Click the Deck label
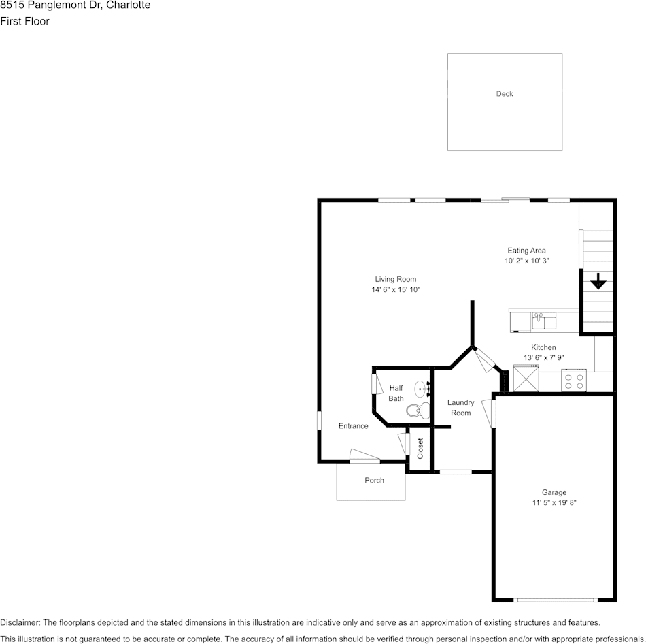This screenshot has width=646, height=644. (x=504, y=94)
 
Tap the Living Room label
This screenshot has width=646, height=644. (x=395, y=279)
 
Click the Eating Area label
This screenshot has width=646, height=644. (x=526, y=251)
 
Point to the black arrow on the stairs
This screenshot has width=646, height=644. (x=598, y=281)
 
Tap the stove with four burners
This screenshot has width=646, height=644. (x=575, y=381)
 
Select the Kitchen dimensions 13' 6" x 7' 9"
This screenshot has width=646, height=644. (x=543, y=357)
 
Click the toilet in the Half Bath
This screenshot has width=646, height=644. (x=416, y=410)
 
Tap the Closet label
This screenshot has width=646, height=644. (x=420, y=449)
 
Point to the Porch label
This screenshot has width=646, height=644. (x=374, y=480)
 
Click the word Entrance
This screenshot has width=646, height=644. (x=353, y=426)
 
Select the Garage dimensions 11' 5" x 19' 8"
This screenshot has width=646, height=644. (x=554, y=503)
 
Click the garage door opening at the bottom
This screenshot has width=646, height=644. (x=555, y=600)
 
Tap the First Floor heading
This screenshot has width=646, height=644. (x=24, y=21)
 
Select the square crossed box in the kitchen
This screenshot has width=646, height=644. (x=526, y=379)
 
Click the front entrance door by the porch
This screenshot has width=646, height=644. (x=364, y=457)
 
